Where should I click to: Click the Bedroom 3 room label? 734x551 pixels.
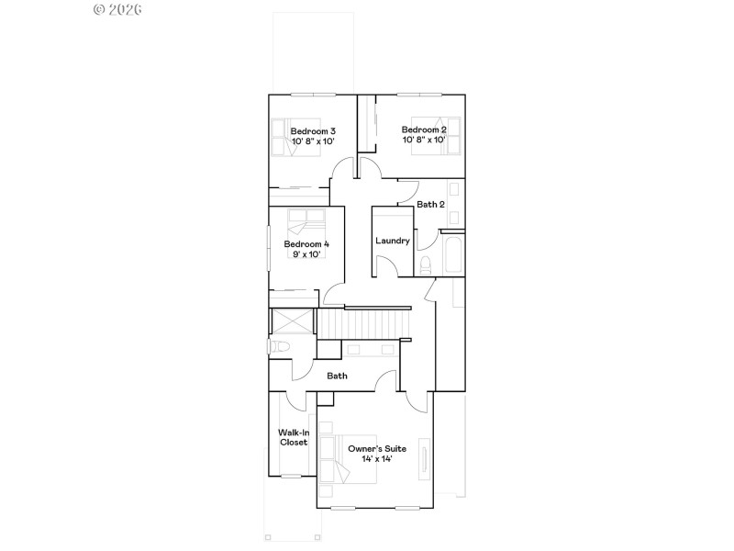click(312, 131)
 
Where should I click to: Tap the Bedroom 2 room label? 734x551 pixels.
click(423, 129)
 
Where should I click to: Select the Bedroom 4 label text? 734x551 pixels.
click(306, 243)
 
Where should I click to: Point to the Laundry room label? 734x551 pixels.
click(392, 241)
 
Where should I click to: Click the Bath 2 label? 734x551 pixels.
click(429, 205)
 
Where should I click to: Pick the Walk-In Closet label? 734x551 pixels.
click(293, 436)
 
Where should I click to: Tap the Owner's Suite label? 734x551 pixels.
click(376, 448)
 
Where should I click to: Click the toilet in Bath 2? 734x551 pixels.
click(425, 265)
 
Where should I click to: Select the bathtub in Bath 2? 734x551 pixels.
click(452, 254)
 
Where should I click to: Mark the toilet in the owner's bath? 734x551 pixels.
click(279, 347)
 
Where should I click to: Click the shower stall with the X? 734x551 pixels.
click(293, 324)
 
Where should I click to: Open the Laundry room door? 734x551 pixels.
click(389, 267)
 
